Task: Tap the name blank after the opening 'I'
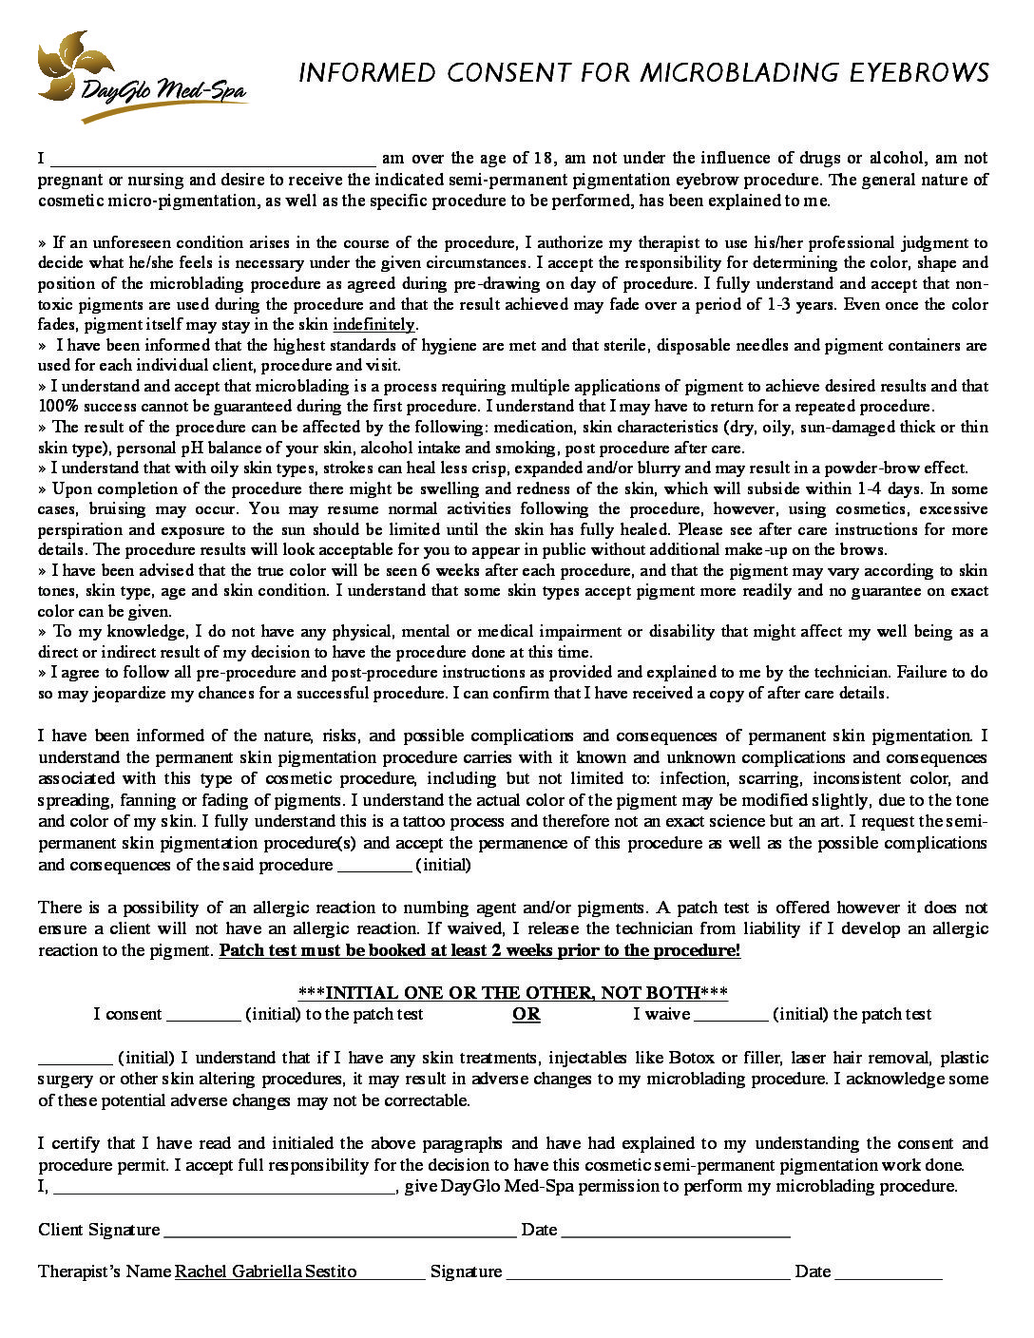(x=213, y=159)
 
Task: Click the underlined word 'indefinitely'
(x=373, y=324)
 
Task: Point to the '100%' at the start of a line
(x=56, y=407)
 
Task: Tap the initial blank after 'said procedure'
(x=374, y=865)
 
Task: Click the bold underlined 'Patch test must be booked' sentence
(x=479, y=950)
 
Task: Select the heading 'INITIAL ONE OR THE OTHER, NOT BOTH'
(x=513, y=993)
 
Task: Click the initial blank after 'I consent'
(x=203, y=1015)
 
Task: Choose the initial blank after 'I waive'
(x=731, y=1015)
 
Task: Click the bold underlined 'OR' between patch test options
(x=526, y=1014)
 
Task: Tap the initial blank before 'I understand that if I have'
(x=75, y=1059)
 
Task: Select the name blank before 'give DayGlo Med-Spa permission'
(x=224, y=1187)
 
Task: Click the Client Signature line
(x=339, y=1231)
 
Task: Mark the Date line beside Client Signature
(x=676, y=1231)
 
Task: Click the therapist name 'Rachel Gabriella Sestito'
(x=266, y=1271)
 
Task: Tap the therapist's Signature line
(x=647, y=1272)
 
